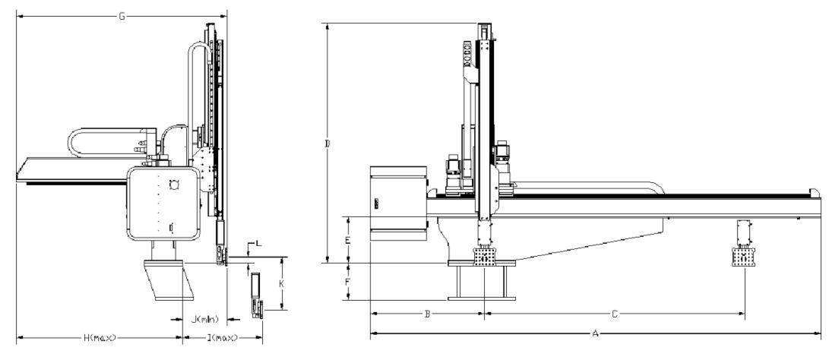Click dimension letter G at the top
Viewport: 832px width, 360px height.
122,17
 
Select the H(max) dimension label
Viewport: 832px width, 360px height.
100,337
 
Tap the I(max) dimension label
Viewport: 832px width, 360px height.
223,337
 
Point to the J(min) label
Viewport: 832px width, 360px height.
204,319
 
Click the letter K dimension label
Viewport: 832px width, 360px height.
282,283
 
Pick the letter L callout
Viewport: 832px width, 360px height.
258,243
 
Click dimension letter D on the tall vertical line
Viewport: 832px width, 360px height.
327,144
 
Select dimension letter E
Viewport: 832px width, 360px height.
347,240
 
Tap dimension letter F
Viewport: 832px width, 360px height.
347,282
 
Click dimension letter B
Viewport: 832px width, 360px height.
427,314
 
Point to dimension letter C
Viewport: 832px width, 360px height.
615,314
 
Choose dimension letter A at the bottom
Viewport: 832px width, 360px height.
596,333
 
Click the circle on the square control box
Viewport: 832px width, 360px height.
172,184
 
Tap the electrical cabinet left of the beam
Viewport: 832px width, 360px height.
398,203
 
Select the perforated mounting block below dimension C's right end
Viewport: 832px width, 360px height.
743,257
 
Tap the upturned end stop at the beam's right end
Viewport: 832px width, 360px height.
815,193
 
